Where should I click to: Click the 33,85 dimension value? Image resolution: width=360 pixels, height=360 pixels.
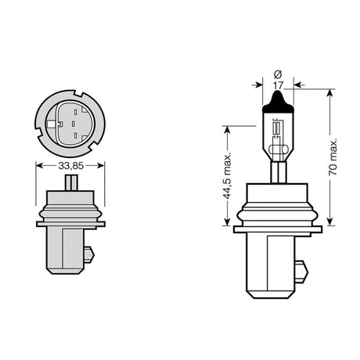[x=70, y=166]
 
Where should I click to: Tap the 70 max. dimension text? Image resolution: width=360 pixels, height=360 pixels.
[x=333, y=157]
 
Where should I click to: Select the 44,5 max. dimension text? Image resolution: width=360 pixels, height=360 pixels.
[x=228, y=176]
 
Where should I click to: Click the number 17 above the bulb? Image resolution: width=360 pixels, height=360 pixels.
[x=278, y=85]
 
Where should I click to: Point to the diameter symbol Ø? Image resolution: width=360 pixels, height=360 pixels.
[x=278, y=74]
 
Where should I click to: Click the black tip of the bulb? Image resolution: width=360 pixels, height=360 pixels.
[x=278, y=102]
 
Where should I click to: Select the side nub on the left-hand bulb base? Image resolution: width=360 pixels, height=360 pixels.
[x=89, y=254]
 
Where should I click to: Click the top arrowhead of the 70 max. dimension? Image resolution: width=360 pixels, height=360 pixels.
[x=330, y=92]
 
